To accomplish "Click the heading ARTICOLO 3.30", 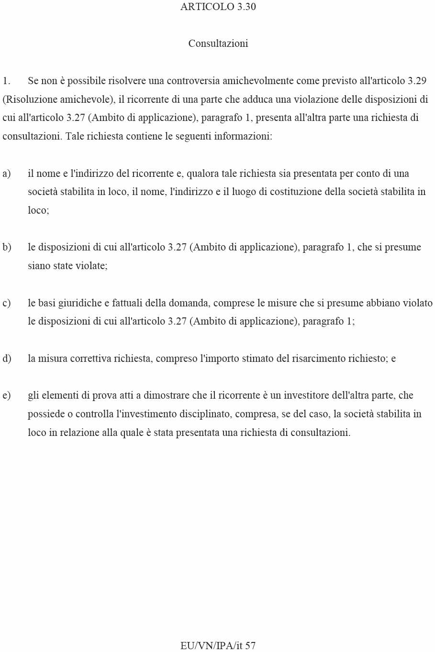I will click(x=218, y=7).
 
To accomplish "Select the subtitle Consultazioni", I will click(x=218, y=43).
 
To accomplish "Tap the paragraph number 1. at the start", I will click(x=7, y=81).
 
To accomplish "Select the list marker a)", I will click(x=7, y=174).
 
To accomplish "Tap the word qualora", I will click(x=202, y=174).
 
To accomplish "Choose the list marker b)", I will click(x=7, y=247).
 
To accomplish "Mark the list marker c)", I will click(x=7, y=303).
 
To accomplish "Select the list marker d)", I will click(x=7, y=359).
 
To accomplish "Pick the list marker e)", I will click(x=7, y=395).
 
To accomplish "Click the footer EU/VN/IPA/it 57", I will click(x=218, y=646).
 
